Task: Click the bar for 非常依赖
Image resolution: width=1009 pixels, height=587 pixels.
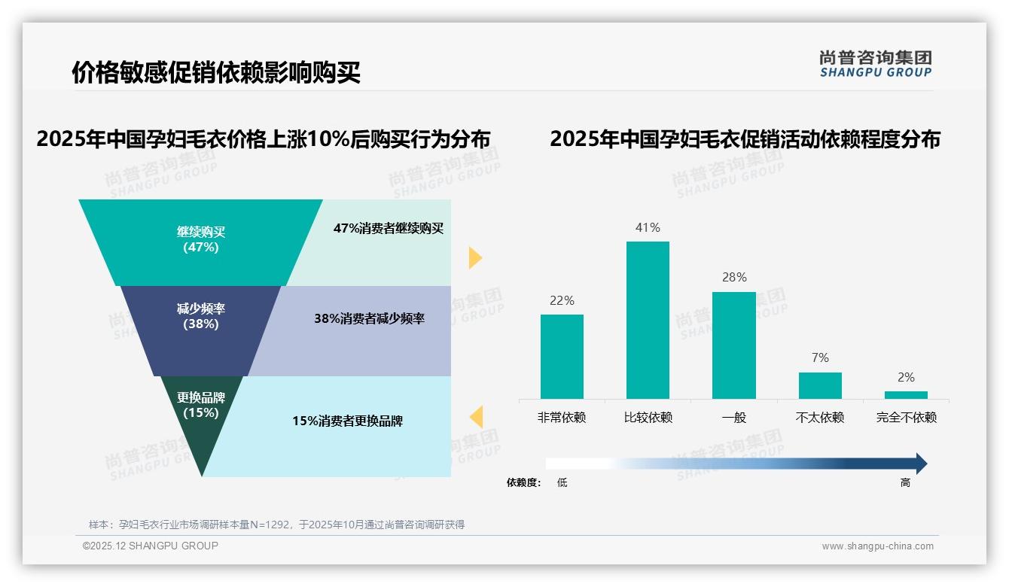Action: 562,356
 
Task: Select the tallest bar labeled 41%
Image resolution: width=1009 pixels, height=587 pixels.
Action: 648,320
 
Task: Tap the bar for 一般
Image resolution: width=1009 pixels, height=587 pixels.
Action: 733,345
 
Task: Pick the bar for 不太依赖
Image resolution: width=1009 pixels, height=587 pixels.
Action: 820,385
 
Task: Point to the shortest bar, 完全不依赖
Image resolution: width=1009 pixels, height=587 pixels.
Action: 906,394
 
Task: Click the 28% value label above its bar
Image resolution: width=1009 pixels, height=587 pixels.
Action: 734,277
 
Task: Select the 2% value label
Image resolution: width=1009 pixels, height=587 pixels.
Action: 906,377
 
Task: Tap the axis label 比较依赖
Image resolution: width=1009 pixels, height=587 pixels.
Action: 648,417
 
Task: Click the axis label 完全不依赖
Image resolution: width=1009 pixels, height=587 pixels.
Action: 906,417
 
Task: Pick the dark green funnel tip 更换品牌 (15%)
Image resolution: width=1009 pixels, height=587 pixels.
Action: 201,414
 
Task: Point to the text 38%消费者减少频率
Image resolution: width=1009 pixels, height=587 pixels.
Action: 369,319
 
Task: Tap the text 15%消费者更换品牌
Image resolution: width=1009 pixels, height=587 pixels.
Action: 348,421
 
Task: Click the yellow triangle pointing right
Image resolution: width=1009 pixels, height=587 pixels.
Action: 474,257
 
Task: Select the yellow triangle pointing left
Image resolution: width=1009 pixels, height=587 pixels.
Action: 476,416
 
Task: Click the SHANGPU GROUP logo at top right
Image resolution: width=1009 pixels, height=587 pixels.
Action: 875,64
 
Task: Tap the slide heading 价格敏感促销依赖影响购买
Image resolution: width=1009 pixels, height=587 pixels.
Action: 216,73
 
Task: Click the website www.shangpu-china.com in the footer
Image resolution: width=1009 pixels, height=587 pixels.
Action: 877,546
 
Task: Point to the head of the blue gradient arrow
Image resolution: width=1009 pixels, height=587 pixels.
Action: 920,464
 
